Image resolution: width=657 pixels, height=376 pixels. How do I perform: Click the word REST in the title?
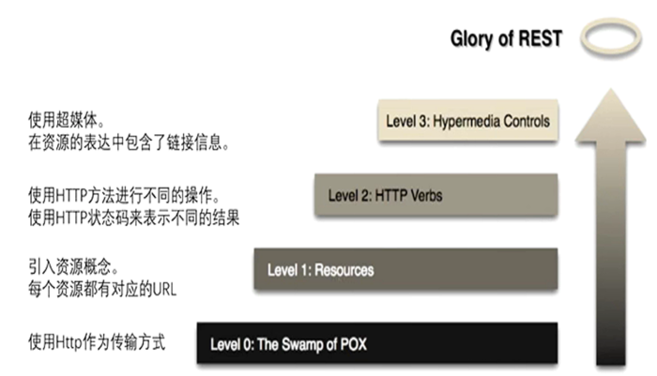pos(540,38)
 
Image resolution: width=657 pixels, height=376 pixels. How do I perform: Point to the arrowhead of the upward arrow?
pos(610,115)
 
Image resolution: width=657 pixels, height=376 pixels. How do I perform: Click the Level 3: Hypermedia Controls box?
pos(468,121)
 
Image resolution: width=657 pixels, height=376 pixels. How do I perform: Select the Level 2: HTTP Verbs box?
pos(436,195)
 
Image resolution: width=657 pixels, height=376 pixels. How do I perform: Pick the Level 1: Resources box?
pos(405,269)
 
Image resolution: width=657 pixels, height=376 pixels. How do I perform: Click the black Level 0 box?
pos(377,343)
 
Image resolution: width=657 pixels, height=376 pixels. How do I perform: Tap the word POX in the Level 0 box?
pos(353,344)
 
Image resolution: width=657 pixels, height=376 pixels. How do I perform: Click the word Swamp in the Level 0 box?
pos(301,345)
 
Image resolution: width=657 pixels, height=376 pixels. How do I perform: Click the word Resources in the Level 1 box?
pos(344,270)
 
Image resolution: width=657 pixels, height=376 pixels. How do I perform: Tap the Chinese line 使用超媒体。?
pos(67,121)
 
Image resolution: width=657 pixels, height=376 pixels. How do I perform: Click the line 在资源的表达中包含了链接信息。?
pos(130,143)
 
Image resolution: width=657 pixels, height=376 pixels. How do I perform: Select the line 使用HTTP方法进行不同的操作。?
pos(125,195)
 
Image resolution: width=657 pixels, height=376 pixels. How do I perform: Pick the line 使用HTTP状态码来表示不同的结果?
pos(133,218)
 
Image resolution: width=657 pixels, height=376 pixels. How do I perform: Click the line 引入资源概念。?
pos(74,266)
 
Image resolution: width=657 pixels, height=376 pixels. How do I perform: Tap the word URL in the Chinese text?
pos(164,290)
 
